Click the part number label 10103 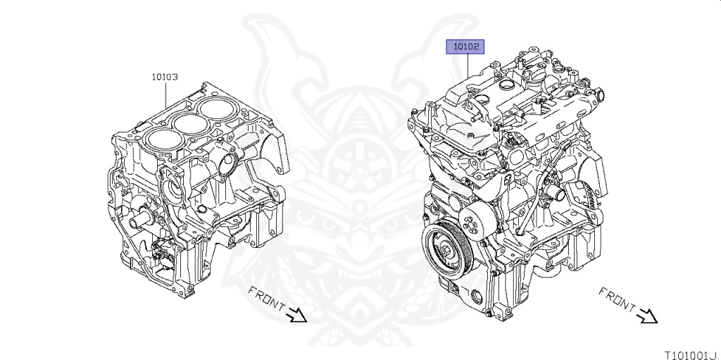[x=165, y=77]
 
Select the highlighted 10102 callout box [x=465, y=46]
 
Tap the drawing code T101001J [x=694, y=355]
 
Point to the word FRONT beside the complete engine [x=617, y=299]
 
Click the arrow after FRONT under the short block [x=296, y=315]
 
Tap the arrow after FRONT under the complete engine [x=647, y=316]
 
